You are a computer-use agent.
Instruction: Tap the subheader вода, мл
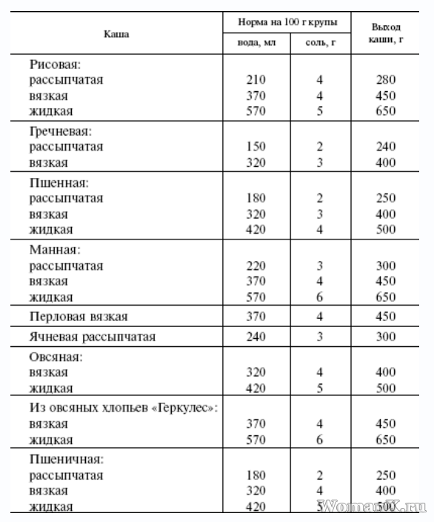click(256, 43)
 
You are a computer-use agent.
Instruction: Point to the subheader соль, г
click(321, 43)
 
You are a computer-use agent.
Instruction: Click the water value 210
click(256, 80)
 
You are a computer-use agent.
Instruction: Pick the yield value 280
click(385, 80)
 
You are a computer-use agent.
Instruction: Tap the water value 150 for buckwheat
click(256, 147)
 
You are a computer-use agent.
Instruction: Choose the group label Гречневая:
click(61, 131)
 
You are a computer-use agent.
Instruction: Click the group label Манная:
click(56, 250)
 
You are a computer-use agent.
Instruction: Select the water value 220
click(256, 265)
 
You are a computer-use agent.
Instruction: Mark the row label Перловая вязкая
click(79, 317)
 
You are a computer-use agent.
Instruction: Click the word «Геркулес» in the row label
click(185, 409)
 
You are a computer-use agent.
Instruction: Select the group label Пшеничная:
click(66, 460)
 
